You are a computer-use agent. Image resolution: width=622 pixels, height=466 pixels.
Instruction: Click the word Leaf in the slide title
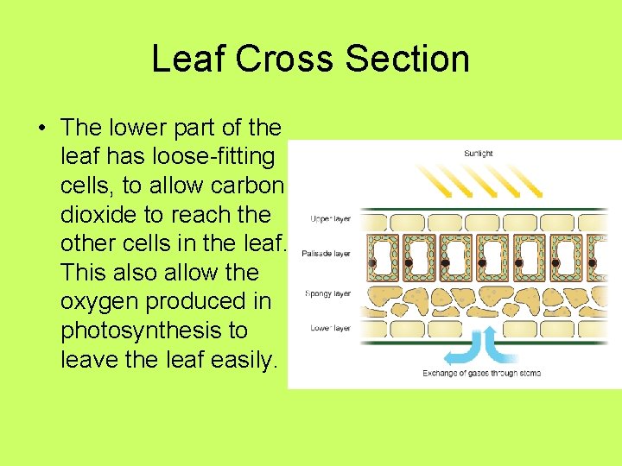point(188,59)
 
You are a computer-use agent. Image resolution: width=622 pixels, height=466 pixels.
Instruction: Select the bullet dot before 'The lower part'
point(41,129)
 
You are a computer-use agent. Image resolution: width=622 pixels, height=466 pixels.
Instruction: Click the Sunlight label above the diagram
point(479,154)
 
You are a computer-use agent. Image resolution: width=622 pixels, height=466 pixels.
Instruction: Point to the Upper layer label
point(329,218)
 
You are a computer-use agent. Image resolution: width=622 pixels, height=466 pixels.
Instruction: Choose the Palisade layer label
point(326,254)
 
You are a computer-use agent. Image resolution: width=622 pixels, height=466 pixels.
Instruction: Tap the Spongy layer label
point(327,293)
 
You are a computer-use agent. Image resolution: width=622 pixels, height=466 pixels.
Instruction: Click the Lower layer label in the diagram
point(329,328)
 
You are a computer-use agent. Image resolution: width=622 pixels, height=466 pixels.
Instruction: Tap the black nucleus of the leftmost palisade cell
point(371,261)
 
